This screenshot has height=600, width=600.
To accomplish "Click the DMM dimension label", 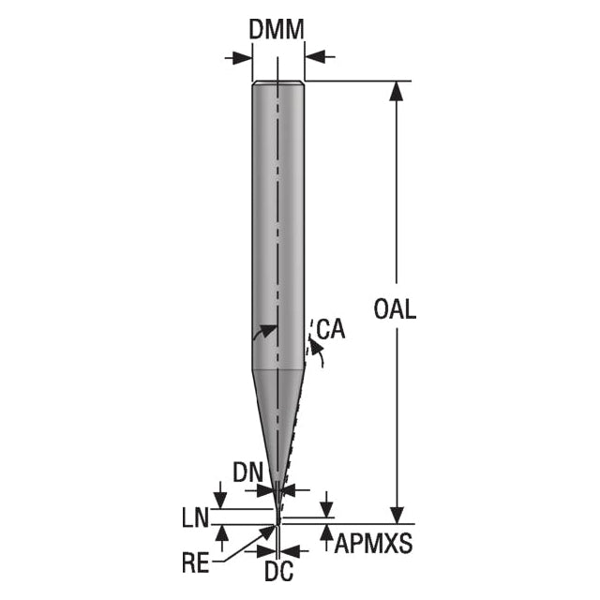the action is point(277,29).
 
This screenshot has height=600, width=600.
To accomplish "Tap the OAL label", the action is point(395,309).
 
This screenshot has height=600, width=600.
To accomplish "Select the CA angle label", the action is point(331,329).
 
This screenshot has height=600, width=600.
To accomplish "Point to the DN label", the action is point(248,472).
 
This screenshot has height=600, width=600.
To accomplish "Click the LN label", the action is point(196,518).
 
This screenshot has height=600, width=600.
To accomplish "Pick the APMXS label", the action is point(373,543).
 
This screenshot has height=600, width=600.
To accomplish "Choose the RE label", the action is point(196,562).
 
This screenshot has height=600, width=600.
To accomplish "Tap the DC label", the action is point(279,571).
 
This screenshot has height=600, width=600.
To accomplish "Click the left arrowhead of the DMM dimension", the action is point(243,58).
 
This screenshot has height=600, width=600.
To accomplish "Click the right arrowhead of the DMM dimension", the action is point(315,57).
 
